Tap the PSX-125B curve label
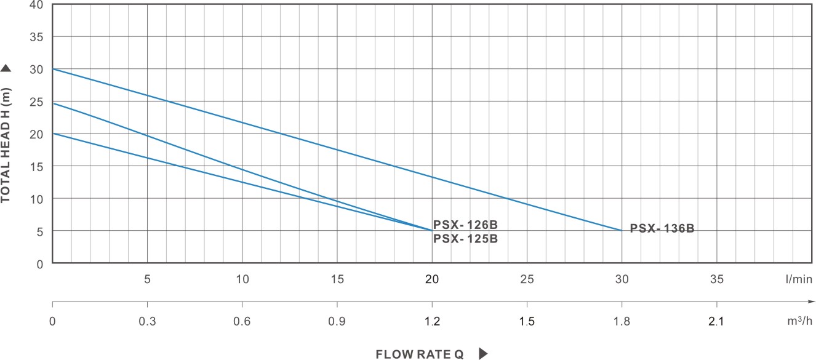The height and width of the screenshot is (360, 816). point(465,239)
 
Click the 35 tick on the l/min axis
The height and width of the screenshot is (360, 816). point(717,279)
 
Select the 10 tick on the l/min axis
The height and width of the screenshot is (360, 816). point(242,279)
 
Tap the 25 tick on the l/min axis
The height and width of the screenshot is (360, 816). point(527,279)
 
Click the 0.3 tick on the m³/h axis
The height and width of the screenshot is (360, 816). point(147,321)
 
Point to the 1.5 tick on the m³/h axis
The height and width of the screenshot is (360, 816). point(527,321)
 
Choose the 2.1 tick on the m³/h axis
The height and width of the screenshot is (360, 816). point(717,321)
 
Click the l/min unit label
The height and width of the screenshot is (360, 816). point(799,279)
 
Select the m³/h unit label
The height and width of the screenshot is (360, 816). point(799,321)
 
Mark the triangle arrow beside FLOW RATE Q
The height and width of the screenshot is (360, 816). point(483,354)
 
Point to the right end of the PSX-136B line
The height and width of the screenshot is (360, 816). point(622,230)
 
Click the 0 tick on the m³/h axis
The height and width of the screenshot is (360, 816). point(52,321)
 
